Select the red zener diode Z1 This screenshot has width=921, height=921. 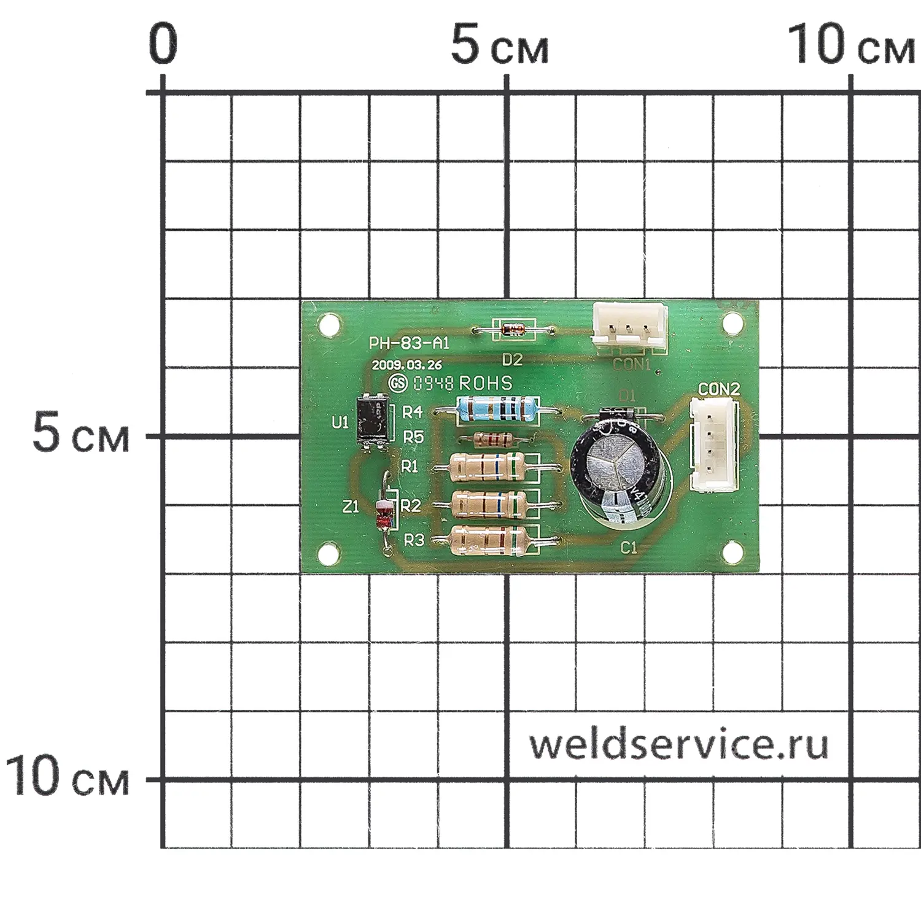click(384, 514)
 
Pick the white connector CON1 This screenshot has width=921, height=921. click(629, 327)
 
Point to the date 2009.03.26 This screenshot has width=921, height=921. click(406, 365)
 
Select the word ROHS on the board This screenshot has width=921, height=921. click(485, 383)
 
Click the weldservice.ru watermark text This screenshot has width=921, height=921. click(678, 744)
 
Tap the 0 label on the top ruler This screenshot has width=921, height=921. click(163, 44)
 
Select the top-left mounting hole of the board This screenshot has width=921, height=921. click(328, 322)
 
